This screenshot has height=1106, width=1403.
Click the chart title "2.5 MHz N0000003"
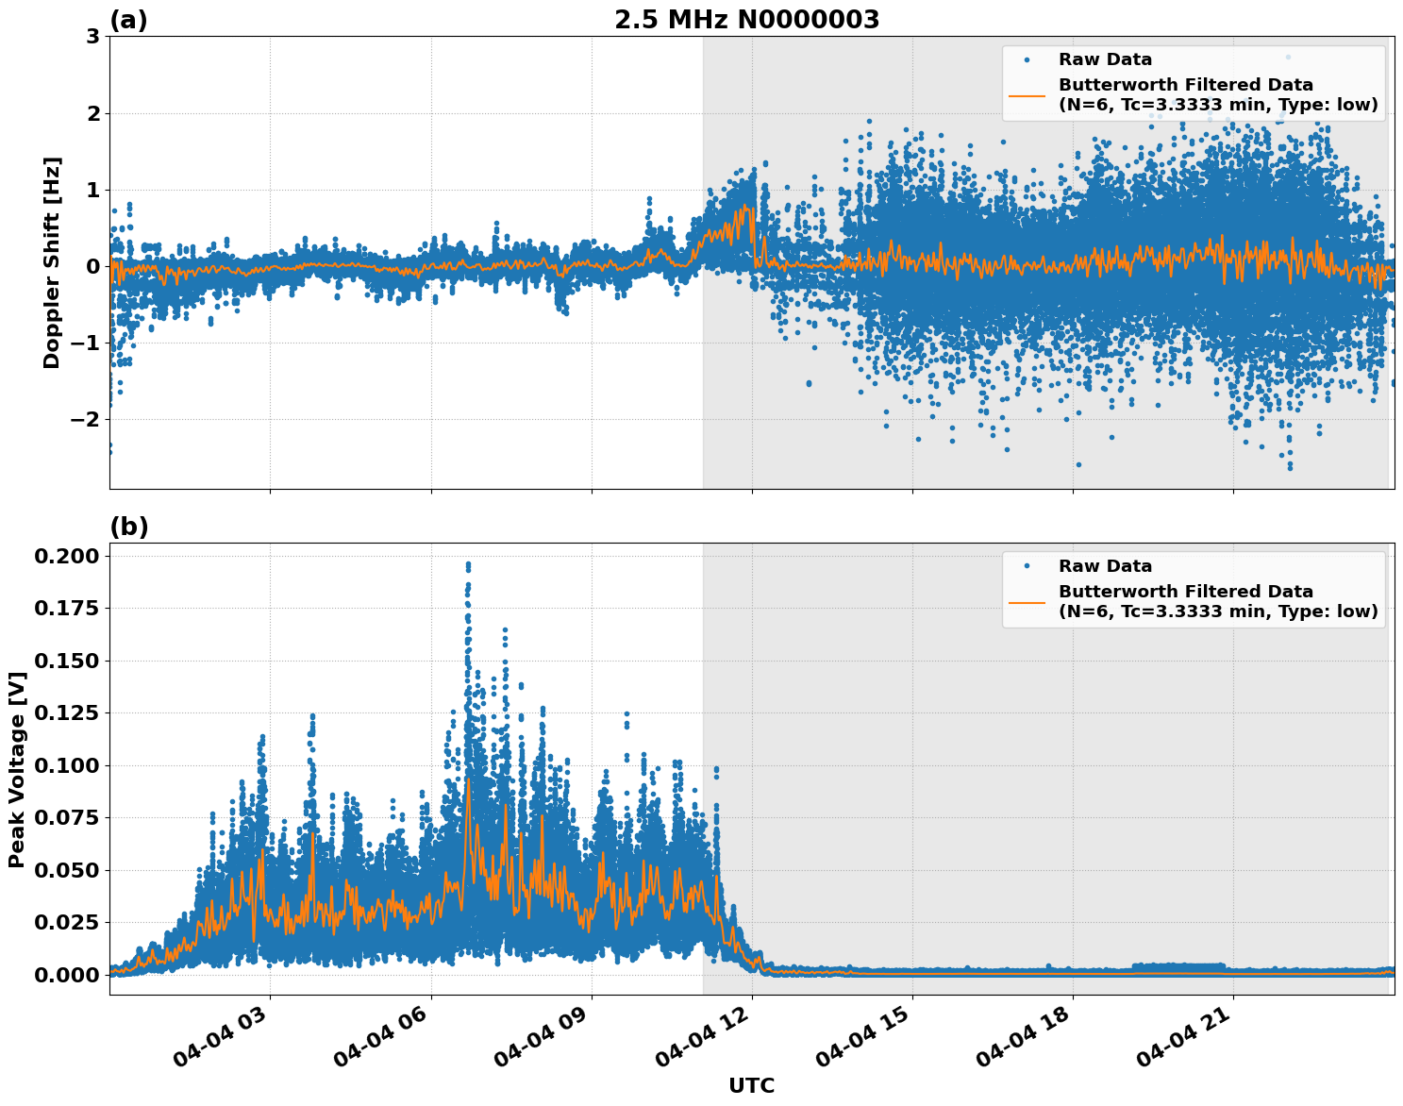746,20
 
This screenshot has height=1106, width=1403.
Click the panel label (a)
128,20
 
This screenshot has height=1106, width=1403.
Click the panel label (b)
128,527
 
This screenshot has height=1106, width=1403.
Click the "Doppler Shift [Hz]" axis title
52,262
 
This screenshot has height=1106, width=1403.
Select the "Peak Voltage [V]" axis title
16,769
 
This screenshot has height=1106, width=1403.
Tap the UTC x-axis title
751,1085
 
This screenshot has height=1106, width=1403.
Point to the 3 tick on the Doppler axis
92,37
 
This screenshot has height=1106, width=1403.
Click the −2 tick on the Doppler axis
85,419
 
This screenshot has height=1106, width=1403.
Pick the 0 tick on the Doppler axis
92,266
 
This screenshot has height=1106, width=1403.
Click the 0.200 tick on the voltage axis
66,556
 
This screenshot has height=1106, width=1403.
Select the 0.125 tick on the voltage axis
66,712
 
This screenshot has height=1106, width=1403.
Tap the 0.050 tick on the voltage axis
66,870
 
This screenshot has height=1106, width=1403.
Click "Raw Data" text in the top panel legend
1105,59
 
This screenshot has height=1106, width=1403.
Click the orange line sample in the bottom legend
1027,601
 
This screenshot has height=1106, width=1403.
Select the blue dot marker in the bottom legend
1027,566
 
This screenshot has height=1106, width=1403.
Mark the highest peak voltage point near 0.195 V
468,564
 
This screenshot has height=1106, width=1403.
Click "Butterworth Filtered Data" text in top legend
1185,85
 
